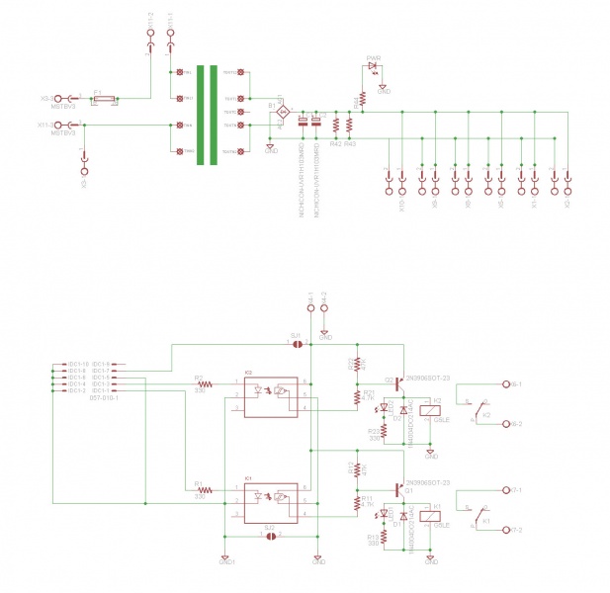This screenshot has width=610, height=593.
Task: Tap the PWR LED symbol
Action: [373, 66]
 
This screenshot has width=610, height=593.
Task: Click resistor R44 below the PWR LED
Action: [363, 98]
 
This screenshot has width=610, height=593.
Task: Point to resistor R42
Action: [336, 127]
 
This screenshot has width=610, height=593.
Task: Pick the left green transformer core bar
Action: [201, 117]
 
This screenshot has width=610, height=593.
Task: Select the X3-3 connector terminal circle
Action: [59, 99]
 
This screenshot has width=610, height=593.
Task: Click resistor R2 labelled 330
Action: [205, 383]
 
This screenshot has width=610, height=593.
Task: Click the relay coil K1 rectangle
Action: [430, 514]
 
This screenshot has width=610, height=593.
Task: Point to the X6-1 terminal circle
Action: [502, 383]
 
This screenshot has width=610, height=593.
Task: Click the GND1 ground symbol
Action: [226, 557]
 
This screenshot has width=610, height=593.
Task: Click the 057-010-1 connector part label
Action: [104, 398]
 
